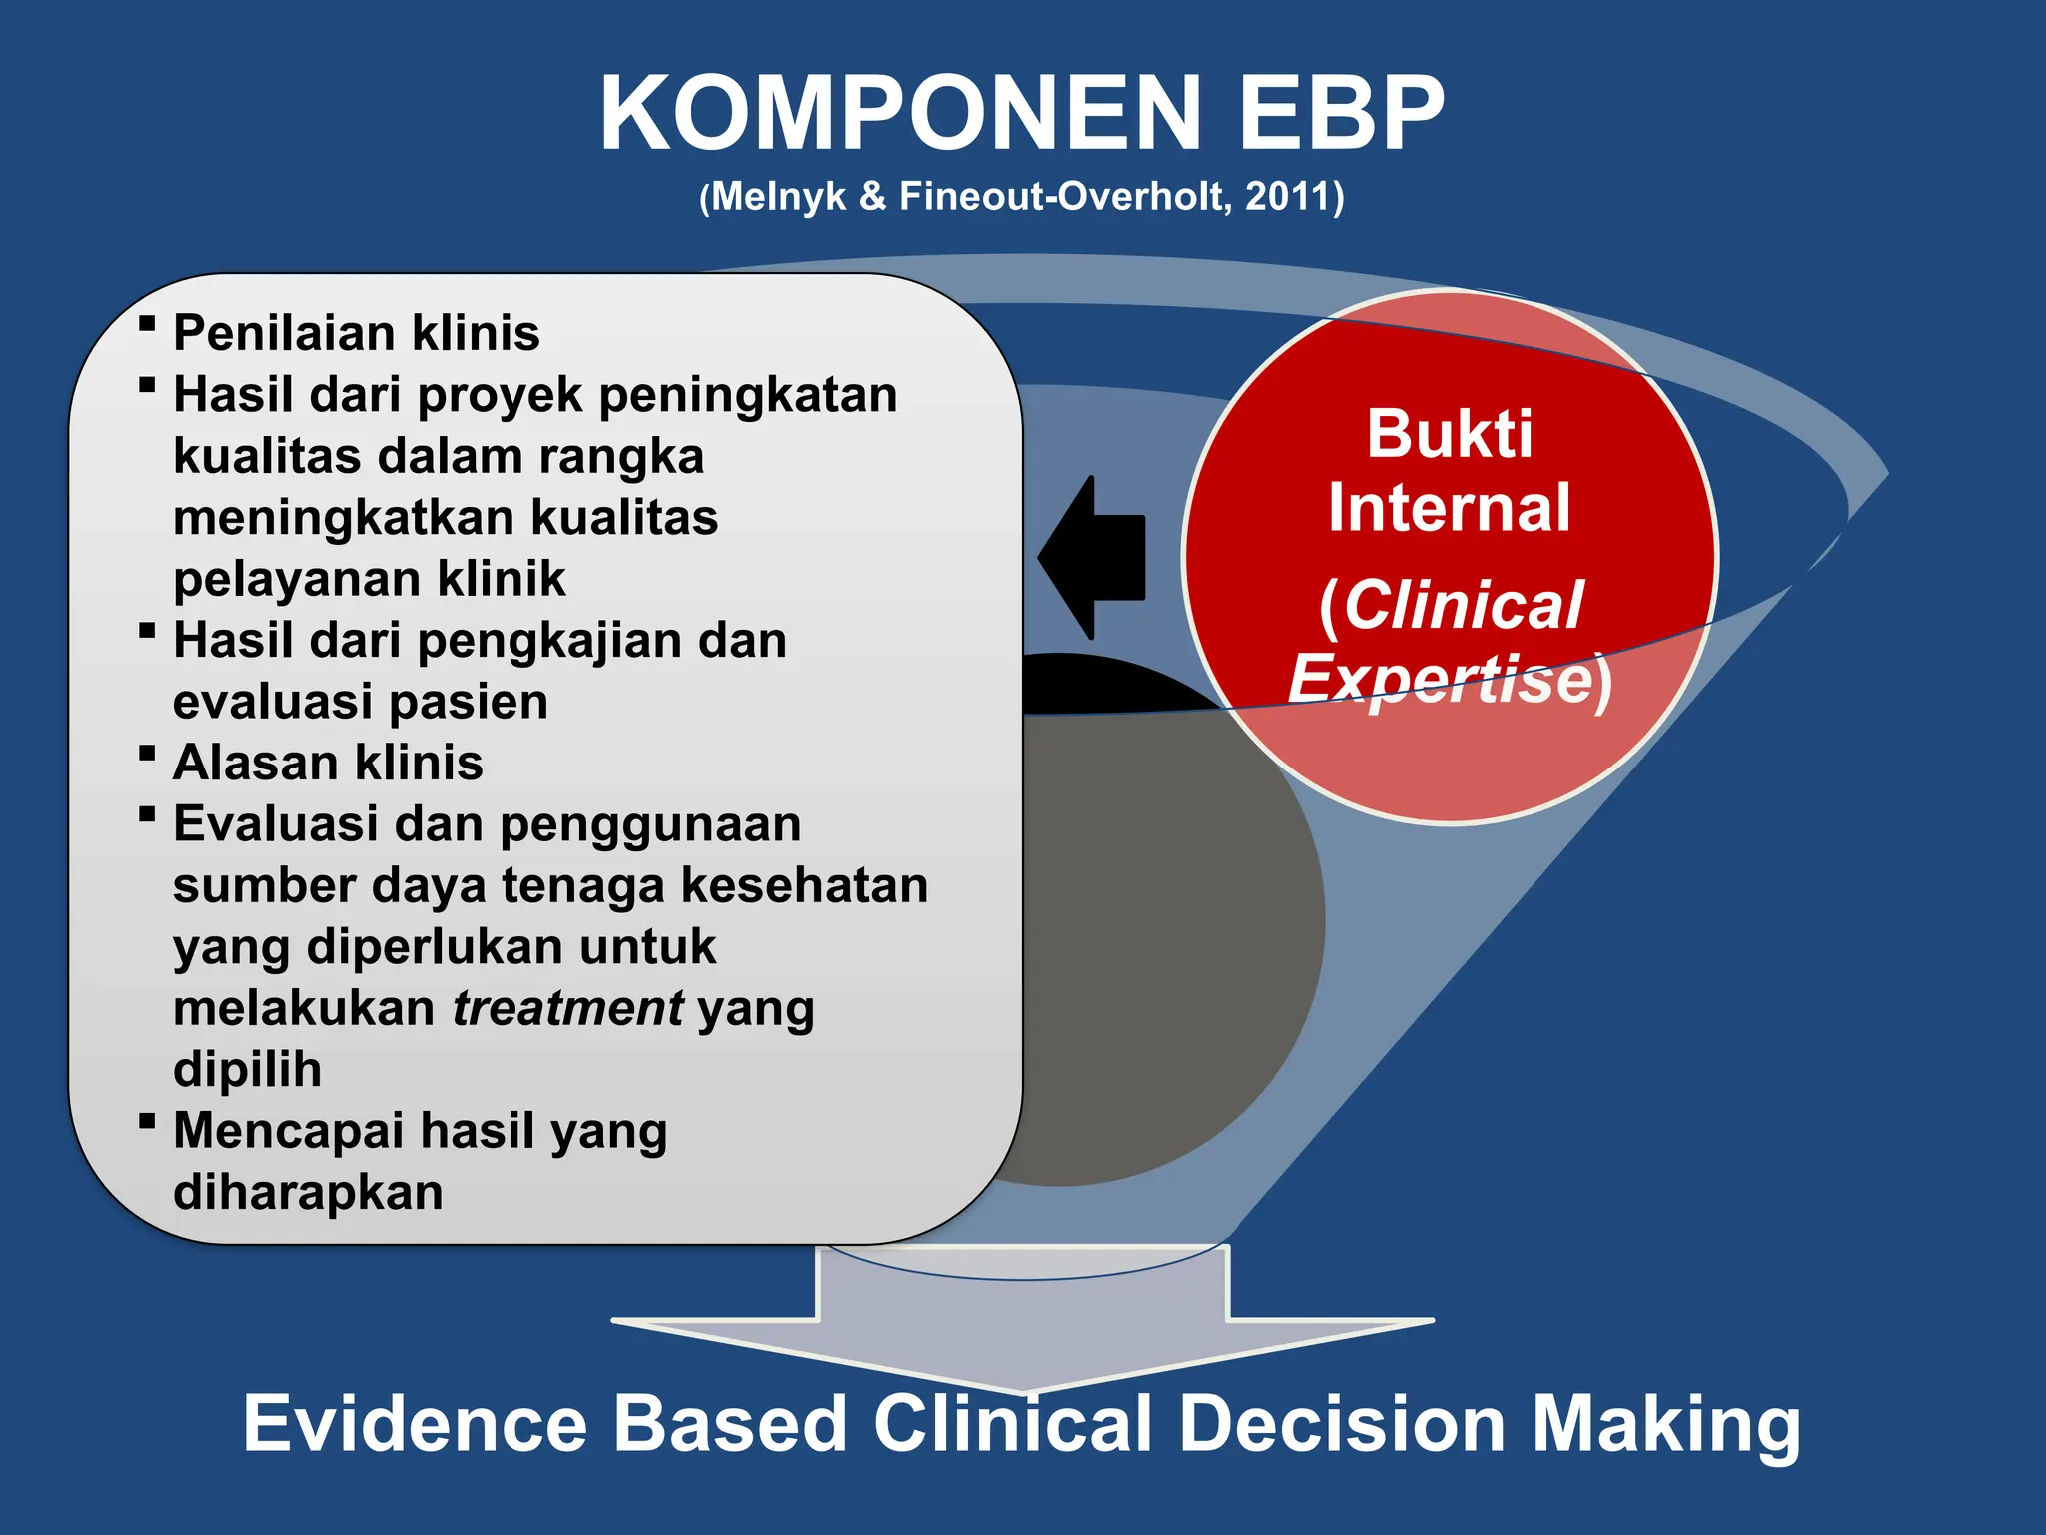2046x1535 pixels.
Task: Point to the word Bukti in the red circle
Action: (x=1449, y=434)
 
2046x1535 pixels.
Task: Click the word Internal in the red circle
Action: (x=1449, y=508)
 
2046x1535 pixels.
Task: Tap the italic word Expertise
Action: (x=1439, y=680)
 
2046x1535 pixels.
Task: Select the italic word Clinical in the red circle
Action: (x=1463, y=605)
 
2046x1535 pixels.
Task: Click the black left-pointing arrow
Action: (x=1094, y=557)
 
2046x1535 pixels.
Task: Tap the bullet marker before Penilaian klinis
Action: (x=147, y=323)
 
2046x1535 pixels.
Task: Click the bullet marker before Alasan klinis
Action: (x=147, y=753)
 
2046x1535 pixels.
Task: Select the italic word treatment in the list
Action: (x=567, y=1008)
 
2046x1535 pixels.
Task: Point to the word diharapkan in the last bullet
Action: (x=308, y=1192)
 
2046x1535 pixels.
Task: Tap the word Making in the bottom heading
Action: (x=1665, y=1424)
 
